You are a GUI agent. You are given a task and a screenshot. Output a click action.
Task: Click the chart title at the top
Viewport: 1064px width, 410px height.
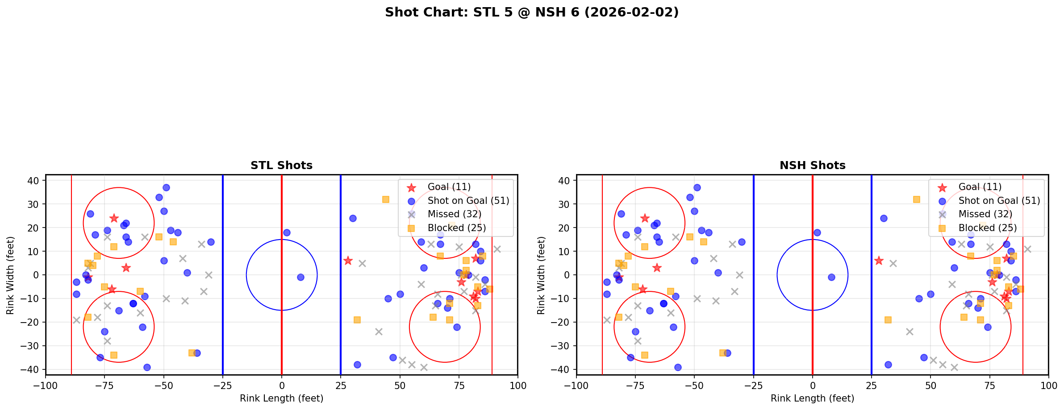pos(532,12)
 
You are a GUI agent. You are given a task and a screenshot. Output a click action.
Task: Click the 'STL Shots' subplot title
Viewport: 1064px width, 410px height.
pos(281,166)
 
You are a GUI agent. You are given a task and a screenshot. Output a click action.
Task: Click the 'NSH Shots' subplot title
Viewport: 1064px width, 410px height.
pos(812,166)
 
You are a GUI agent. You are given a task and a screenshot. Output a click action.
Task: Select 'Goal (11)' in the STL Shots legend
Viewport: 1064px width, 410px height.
pos(449,187)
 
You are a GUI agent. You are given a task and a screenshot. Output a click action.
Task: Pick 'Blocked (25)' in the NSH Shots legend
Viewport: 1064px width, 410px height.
pos(987,228)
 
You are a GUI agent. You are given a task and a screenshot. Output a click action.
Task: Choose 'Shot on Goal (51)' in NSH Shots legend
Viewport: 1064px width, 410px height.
pos(999,201)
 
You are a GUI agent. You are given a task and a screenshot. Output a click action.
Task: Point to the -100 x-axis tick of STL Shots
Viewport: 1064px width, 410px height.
pos(46,385)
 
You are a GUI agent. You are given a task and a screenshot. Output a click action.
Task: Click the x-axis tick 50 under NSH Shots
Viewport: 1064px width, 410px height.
pos(930,385)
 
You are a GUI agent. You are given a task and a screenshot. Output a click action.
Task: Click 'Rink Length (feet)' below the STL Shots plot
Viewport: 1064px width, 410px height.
pos(281,398)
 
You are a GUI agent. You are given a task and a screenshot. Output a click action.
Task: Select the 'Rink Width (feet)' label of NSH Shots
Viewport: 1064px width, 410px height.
pos(541,275)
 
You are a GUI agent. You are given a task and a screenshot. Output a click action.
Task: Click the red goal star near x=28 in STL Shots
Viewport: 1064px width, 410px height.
pos(348,261)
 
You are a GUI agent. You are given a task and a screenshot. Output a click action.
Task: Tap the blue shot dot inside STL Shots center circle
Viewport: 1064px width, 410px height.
pos(300,277)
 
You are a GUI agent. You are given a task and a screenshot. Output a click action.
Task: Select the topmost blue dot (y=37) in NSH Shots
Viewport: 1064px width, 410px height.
pos(697,187)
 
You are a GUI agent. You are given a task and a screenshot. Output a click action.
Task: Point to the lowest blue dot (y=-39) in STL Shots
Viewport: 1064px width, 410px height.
pos(147,367)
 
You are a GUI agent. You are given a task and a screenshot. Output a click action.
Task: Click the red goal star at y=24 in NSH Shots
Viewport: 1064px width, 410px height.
pos(645,218)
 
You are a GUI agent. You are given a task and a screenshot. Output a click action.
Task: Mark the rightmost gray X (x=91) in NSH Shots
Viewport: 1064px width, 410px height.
pos(1027,249)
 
